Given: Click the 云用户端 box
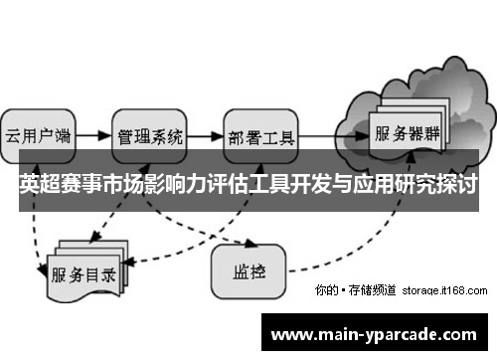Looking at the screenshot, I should (x=38, y=135).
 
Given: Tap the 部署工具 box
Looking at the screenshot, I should (x=261, y=135).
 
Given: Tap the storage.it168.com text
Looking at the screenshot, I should (x=445, y=290).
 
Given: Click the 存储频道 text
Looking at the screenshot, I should (x=374, y=290).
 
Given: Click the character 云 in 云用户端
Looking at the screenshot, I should (x=15, y=135).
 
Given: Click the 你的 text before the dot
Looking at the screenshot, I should (x=325, y=290).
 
